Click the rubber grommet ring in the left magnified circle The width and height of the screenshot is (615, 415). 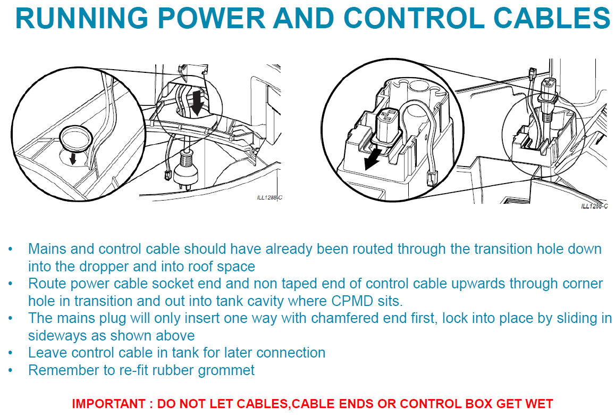click(75, 137)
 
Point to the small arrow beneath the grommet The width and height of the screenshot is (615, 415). click(73, 158)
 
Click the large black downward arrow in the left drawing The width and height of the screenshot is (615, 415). click(198, 103)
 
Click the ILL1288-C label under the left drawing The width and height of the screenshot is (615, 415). click(269, 198)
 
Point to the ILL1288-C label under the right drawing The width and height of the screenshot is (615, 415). click(594, 206)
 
